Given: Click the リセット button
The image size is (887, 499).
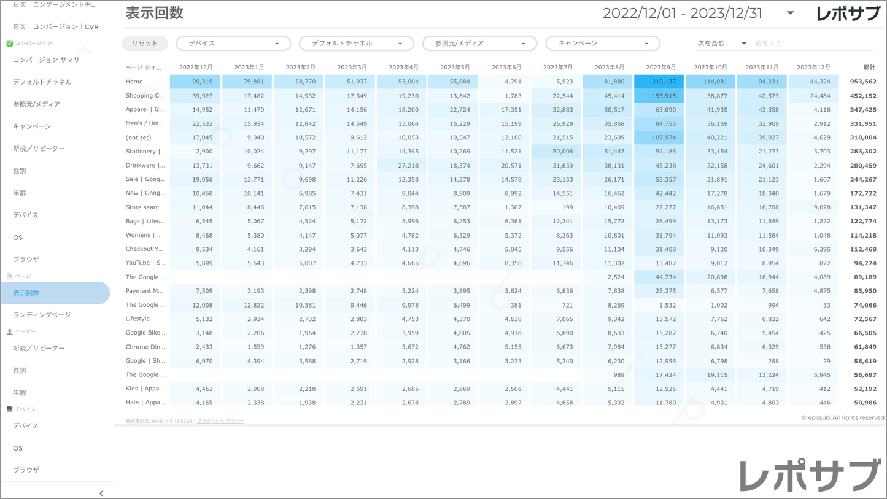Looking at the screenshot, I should (x=144, y=44).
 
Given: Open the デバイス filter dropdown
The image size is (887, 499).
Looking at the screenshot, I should (x=233, y=44).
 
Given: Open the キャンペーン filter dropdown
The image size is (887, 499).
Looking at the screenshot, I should (x=602, y=44).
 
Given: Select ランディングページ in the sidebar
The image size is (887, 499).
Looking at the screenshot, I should (x=42, y=315).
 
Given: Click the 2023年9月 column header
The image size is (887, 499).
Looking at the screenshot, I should (x=660, y=67).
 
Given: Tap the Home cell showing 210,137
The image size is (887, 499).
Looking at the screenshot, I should (x=659, y=82).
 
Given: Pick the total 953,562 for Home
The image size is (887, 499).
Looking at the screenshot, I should (x=862, y=82).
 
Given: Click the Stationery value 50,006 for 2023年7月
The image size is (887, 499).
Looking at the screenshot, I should (x=557, y=152).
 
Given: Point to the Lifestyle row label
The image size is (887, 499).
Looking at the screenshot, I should (x=138, y=319).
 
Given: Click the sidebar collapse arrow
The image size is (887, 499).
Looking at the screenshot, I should (x=101, y=493).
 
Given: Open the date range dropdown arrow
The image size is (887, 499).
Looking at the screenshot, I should (x=790, y=13).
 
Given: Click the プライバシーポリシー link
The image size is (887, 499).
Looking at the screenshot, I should (x=220, y=421).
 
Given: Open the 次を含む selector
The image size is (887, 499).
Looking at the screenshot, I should (x=721, y=44).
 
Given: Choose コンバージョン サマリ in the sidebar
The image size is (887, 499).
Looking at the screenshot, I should (x=46, y=60).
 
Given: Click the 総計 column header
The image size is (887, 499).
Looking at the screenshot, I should (x=869, y=67).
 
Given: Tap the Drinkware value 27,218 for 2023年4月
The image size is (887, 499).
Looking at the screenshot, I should (x=403, y=166).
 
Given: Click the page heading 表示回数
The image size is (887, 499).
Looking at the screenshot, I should (x=155, y=13).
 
